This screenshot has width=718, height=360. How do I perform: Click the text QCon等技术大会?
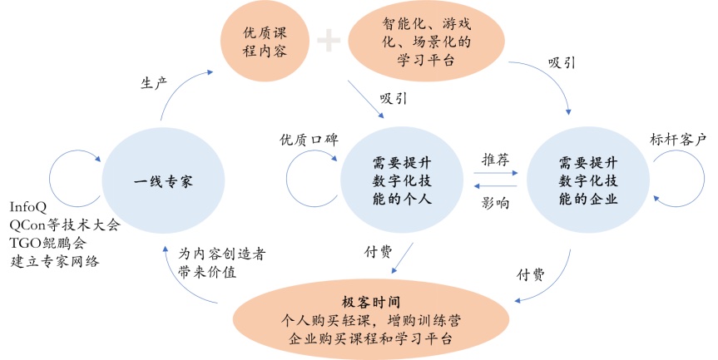(x=64, y=225)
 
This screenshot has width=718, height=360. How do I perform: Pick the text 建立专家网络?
(x=54, y=262)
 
